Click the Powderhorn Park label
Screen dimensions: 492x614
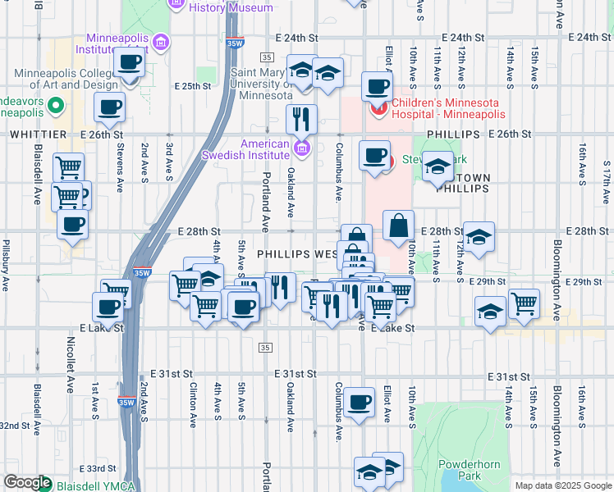click(469, 470)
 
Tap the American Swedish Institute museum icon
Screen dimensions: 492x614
click(302, 148)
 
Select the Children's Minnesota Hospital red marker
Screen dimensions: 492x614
click(380, 109)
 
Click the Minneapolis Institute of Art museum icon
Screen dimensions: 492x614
click(161, 41)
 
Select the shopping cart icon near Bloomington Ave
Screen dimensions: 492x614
click(524, 303)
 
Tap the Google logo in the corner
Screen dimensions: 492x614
click(27, 482)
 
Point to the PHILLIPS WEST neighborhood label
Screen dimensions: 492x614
click(296, 255)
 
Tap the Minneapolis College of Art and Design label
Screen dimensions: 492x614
click(66, 78)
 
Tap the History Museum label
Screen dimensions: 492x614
click(231, 7)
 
